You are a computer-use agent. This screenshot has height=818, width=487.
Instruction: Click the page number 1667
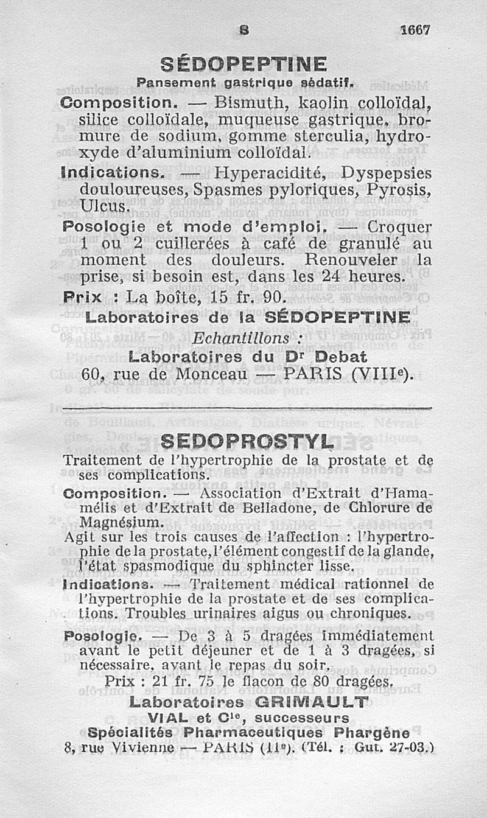tap(416, 30)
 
